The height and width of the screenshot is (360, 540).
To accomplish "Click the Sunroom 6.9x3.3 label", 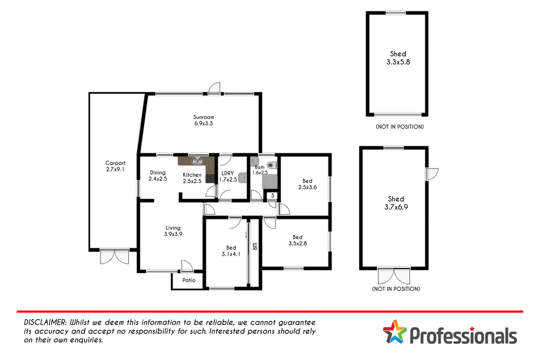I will (203, 120).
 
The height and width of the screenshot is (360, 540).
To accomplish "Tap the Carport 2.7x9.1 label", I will (115, 166).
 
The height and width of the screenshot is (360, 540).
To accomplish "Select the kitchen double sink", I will (197, 161).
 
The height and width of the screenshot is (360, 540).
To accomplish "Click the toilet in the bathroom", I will (272, 165).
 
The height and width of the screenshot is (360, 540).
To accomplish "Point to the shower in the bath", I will (270, 182).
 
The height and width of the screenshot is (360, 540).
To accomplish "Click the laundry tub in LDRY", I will (242, 177).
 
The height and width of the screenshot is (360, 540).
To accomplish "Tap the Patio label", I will (189, 280).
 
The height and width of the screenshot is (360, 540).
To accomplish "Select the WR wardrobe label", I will (255, 247).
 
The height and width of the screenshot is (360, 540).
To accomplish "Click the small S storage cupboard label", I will (273, 195).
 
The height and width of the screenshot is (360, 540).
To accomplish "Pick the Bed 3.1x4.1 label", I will (231, 251).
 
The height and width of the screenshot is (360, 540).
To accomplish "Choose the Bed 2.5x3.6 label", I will (307, 184).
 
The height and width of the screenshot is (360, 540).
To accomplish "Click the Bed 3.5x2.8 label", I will (297, 240).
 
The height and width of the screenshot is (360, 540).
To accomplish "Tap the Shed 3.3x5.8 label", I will (398, 58).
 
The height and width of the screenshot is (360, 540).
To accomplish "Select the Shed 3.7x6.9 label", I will (396, 203).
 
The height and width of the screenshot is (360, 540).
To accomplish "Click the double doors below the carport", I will (114, 256).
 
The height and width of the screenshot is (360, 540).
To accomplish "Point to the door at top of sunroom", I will (214, 89).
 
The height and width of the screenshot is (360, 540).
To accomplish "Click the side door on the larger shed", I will (432, 174).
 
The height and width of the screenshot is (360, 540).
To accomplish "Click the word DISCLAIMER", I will (45, 323).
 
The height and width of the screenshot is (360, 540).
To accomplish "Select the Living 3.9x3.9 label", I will (173, 231).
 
